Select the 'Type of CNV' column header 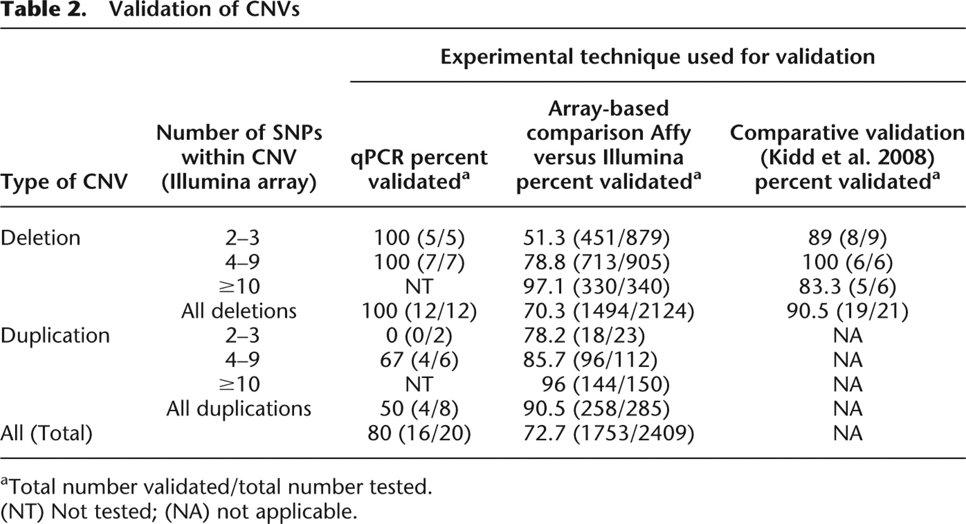pyautogui.click(x=64, y=182)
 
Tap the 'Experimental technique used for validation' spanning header pyautogui.click(x=657, y=57)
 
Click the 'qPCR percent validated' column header pyautogui.click(x=419, y=170)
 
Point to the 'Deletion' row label pyautogui.click(x=40, y=238)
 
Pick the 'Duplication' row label pyautogui.click(x=55, y=336)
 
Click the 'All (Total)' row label pyautogui.click(x=46, y=433)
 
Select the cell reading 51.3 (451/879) pyautogui.click(x=596, y=238)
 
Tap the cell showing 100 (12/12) pyautogui.click(x=419, y=311)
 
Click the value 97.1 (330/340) pyautogui.click(x=596, y=287)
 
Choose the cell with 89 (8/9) pyautogui.click(x=847, y=238)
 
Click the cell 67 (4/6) pyautogui.click(x=419, y=360)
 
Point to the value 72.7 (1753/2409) pyautogui.click(x=609, y=433)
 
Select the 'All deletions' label pyautogui.click(x=239, y=311)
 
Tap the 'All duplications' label pyautogui.click(x=239, y=409)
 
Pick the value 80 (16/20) pyautogui.click(x=419, y=433)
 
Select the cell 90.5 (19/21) pyautogui.click(x=847, y=311)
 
